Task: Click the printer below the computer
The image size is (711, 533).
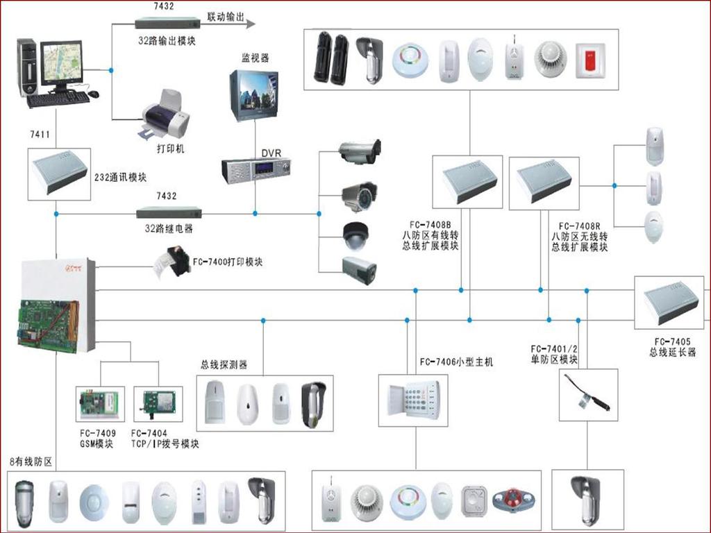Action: tap(166, 115)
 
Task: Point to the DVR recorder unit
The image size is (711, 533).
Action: tap(256, 169)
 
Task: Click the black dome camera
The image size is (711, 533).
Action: tap(358, 235)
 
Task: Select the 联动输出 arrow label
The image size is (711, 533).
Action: tap(226, 17)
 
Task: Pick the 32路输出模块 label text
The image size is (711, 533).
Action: tap(167, 40)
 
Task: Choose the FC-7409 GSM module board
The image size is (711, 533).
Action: tap(99, 405)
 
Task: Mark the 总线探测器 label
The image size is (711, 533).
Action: tap(224, 364)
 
